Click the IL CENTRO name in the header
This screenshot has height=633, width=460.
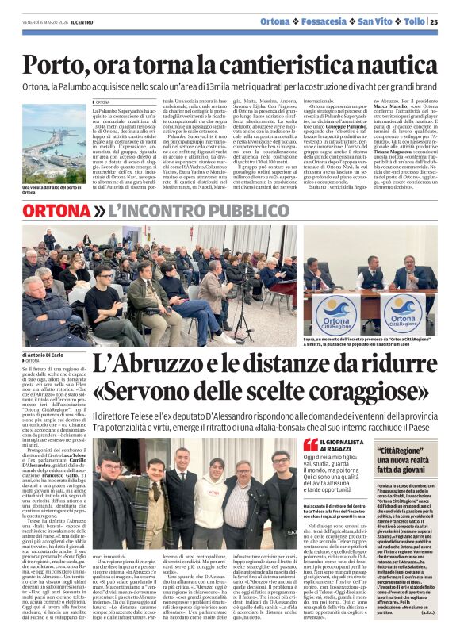83,22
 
